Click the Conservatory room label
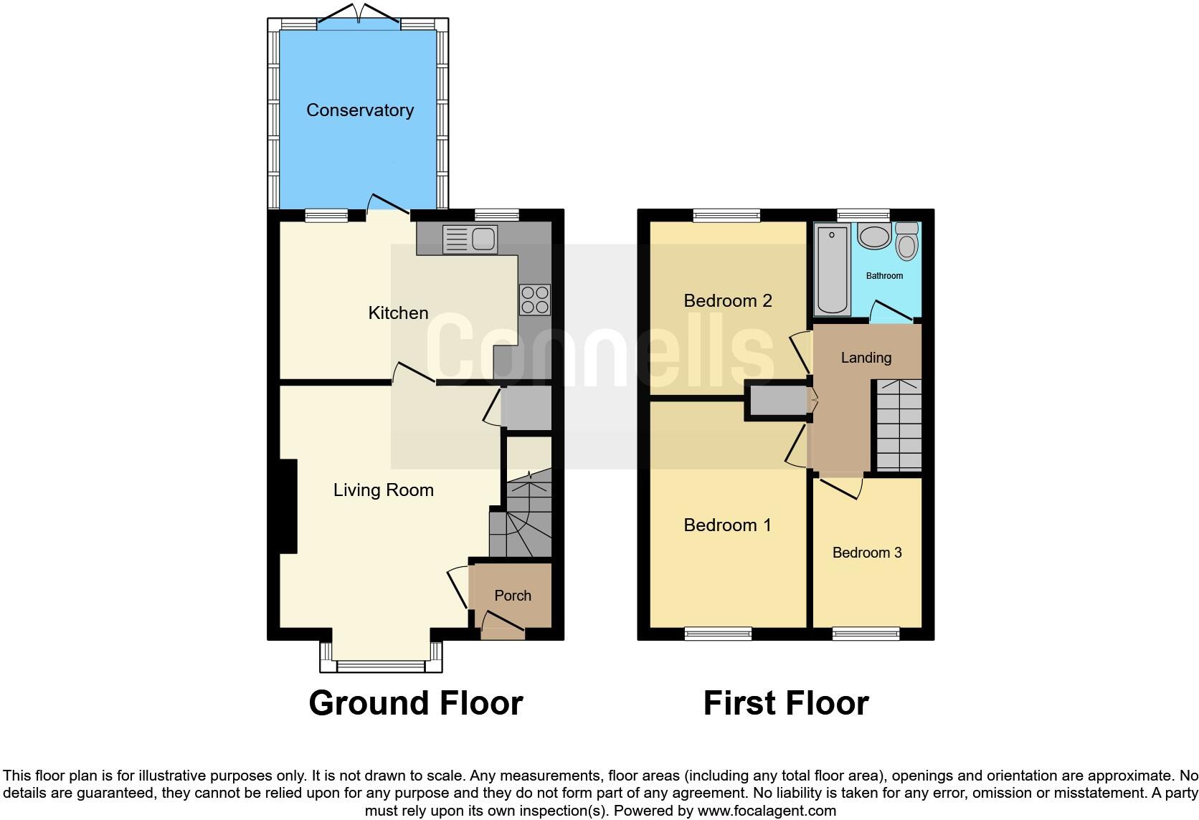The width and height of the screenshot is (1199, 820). (360, 110)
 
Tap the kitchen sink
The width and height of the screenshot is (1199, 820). (470, 239)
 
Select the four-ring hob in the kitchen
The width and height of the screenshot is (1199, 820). (535, 300)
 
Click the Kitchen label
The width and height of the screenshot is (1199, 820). (398, 313)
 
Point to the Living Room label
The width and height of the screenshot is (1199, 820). (383, 490)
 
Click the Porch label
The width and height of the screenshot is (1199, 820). (513, 596)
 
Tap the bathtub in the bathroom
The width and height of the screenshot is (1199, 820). (833, 270)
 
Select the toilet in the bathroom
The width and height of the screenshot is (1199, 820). (906, 242)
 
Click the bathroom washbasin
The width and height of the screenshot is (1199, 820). (874, 236)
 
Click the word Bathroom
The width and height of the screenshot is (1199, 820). (884, 276)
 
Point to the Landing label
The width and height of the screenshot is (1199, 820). (866, 357)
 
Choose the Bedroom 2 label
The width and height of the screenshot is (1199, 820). (727, 300)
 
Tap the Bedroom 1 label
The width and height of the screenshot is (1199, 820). (727, 525)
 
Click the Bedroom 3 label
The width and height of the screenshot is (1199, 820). (867, 553)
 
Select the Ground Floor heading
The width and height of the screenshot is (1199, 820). (416, 703)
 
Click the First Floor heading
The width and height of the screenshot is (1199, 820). (786, 703)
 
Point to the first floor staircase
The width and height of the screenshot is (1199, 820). (899, 425)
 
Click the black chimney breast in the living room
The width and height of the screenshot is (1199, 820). (288, 506)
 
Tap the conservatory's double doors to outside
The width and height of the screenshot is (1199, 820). (359, 13)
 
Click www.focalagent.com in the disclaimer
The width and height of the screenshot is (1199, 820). (767, 811)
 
